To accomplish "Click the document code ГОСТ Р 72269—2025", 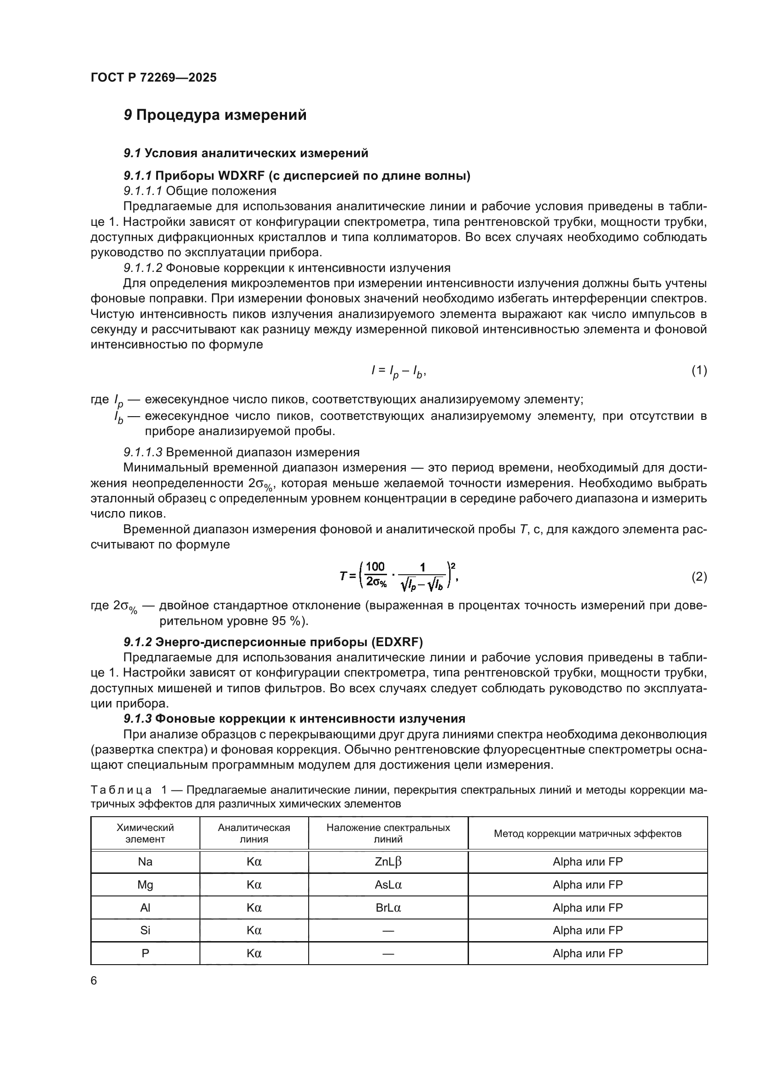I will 153,78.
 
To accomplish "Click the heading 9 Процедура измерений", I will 215,115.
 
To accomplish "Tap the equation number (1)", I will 699,371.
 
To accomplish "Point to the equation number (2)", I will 699,577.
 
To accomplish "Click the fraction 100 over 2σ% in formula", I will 375,574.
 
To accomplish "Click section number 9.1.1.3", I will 143,452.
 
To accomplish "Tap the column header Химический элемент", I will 145,833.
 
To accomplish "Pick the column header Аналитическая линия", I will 254,833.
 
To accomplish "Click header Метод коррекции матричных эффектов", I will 587,833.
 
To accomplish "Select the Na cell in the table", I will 145,861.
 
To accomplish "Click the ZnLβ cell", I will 388,861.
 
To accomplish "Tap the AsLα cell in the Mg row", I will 388,884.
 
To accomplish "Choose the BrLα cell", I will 388,907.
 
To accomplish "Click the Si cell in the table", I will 145,930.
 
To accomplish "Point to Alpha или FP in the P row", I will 587,953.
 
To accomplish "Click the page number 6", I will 94,980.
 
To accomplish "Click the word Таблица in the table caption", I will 121,790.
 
